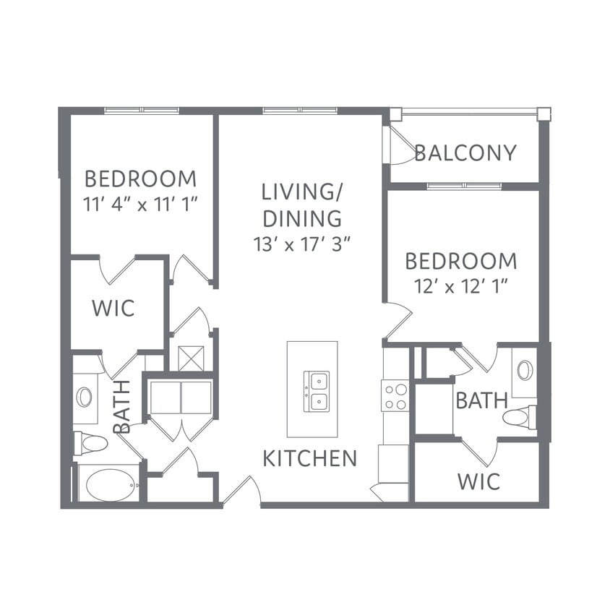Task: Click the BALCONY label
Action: click(x=465, y=153)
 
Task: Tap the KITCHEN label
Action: click(x=310, y=458)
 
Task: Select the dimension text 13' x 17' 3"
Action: click(x=302, y=244)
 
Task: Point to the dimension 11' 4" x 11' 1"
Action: click(x=141, y=204)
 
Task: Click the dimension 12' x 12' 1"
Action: click(x=461, y=287)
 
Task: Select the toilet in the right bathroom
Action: click(x=520, y=417)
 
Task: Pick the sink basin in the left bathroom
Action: click(x=85, y=398)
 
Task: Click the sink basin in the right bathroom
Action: click(x=525, y=370)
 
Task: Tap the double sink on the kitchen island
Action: click(x=317, y=391)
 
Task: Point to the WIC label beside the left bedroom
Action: click(x=113, y=308)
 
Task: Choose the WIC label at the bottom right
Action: click(x=479, y=481)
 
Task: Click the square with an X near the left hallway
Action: click(x=191, y=358)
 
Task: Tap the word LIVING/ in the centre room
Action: click(x=301, y=192)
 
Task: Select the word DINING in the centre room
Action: click(x=302, y=219)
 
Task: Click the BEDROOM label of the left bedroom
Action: click(x=140, y=179)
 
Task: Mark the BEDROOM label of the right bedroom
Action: click(x=461, y=261)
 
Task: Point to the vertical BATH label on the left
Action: click(x=121, y=407)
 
